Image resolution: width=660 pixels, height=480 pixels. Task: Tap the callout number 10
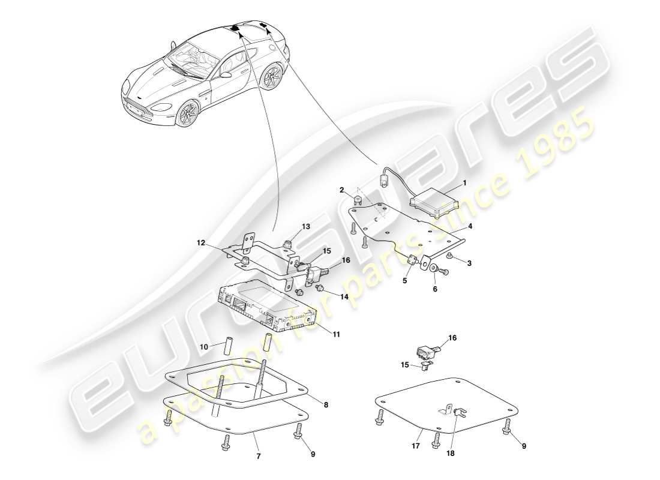(x=203, y=347)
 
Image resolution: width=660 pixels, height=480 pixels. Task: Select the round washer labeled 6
(x=432, y=267)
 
